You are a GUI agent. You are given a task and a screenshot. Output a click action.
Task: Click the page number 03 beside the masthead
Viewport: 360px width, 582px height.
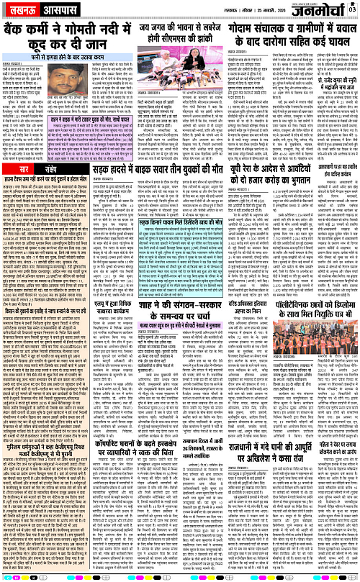[x=352, y=9]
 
